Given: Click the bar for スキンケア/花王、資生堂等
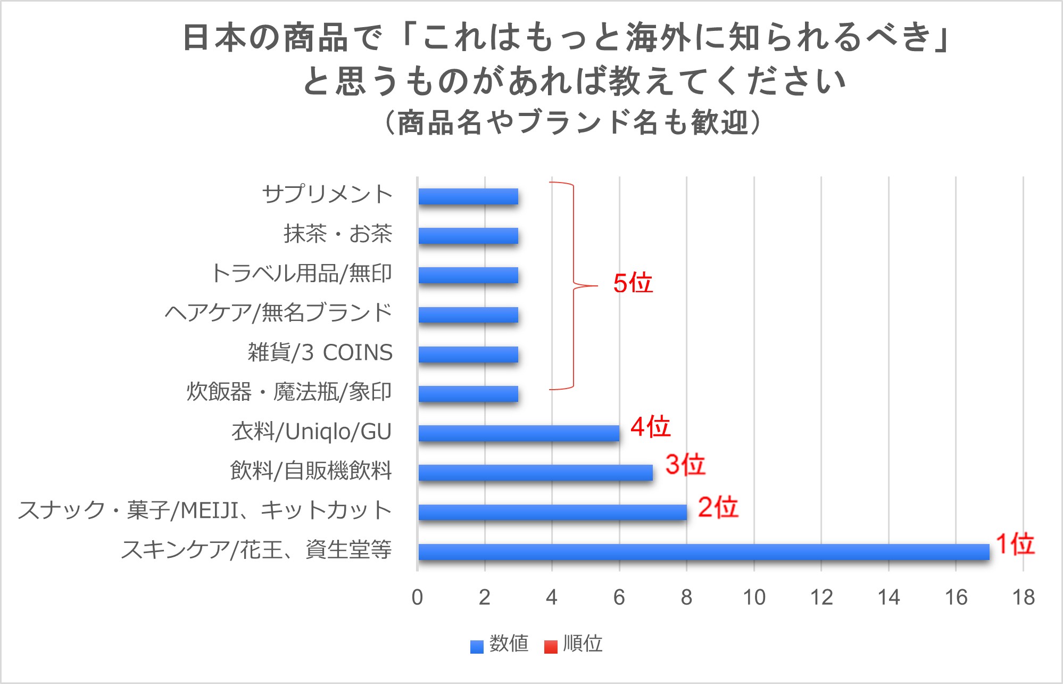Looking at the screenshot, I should pyautogui.click(x=703, y=552).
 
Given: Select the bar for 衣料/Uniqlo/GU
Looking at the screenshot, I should pyautogui.click(x=519, y=433).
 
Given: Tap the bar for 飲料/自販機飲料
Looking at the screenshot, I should pyautogui.click(x=535, y=473).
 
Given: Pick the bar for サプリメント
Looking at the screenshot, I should pyautogui.click(x=468, y=196).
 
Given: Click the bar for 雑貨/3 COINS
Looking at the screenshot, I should pyautogui.click(x=468, y=355).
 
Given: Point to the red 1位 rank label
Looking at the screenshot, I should pyautogui.click(x=1015, y=544).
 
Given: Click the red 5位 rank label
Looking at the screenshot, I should pyautogui.click(x=633, y=283).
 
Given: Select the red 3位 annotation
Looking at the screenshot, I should pyautogui.click(x=685, y=465).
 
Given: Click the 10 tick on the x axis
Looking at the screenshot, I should pyautogui.click(x=754, y=598).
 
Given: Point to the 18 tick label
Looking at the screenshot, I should pyautogui.click(x=1023, y=598).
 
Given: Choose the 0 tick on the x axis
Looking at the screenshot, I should pyautogui.click(x=418, y=598).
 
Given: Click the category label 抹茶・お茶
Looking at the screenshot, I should pyautogui.click(x=338, y=234).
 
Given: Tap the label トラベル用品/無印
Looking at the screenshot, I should pyautogui.click(x=301, y=274).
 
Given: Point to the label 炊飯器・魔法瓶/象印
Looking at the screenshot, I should pyautogui.click(x=289, y=392).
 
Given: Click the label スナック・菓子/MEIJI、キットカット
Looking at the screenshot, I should pyautogui.click(x=205, y=510).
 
